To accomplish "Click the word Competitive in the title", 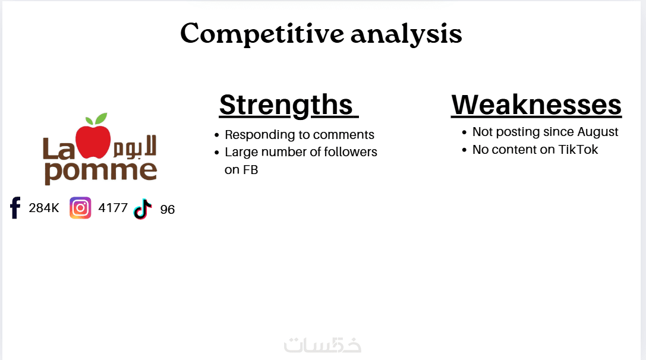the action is pyautogui.click(x=262, y=34).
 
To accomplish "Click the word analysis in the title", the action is pyautogui.click(x=406, y=34).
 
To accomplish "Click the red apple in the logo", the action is pyautogui.click(x=93, y=141).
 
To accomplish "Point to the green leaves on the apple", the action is pyautogui.click(x=96, y=119).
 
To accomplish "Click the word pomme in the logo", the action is pyautogui.click(x=100, y=171).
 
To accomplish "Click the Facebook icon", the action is pyautogui.click(x=15, y=207).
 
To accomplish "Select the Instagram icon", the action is pyautogui.click(x=80, y=207).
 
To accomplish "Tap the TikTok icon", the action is pyautogui.click(x=143, y=209).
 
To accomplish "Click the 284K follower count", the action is pyautogui.click(x=43, y=208).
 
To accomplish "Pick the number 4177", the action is pyautogui.click(x=113, y=207).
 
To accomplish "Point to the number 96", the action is pyautogui.click(x=167, y=210).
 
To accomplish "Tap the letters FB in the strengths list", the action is pyautogui.click(x=250, y=170).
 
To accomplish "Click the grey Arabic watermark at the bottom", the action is pyautogui.click(x=323, y=345).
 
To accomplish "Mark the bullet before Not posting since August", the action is pyautogui.click(x=464, y=132).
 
